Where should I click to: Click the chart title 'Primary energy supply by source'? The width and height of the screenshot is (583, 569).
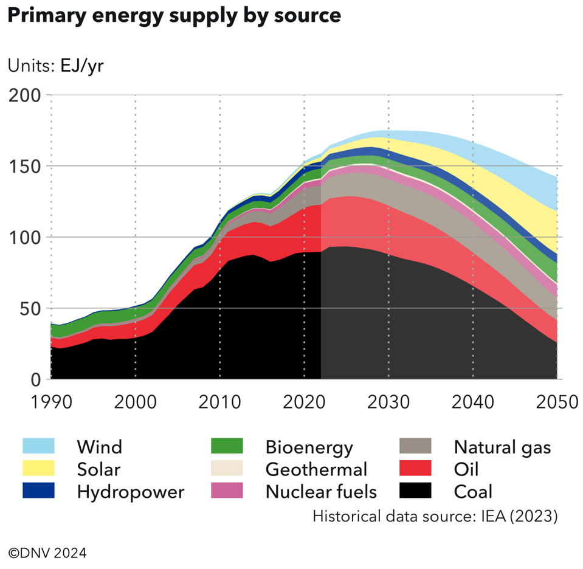[x=174, y=16]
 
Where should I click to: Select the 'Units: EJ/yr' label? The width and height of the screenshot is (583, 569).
[x=56, y=66]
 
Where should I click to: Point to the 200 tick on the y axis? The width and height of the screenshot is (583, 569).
[x=24, y=95]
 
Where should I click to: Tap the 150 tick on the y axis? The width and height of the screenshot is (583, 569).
[x=24, y=167]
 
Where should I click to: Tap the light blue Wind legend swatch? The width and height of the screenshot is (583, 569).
[x=38, y=447]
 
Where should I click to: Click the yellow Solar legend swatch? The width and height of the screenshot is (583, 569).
[x=38, y=469]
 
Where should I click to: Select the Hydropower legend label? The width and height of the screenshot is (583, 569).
[x=130, y=491]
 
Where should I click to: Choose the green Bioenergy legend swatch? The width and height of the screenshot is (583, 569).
[x=227, y=447]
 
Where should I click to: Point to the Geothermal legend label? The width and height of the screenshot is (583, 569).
[x=316, y=469]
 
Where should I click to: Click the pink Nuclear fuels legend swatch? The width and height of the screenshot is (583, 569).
[x=227, y=491]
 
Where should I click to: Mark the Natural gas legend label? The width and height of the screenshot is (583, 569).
[x=502, y=447]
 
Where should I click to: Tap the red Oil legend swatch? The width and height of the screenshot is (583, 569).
[x=415, y=469]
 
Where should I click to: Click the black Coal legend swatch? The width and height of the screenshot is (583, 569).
[x=415, y=491]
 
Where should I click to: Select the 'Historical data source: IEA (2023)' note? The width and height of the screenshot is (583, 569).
[x=435, y=516]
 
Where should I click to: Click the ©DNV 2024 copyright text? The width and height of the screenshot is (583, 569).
[x=47, y=553]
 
